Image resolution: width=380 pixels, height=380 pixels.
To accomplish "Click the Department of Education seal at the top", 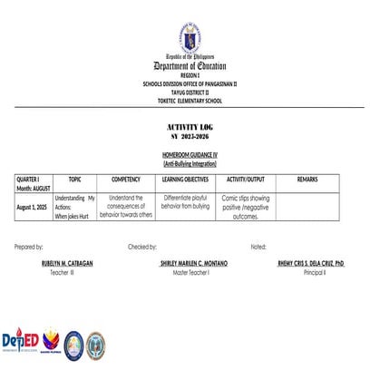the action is coord(190,37).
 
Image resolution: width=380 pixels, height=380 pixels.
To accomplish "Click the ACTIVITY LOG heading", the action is coord(190,126).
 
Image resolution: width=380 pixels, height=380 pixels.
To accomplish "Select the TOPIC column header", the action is coord(74,180).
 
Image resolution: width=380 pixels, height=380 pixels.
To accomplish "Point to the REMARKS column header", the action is coord(307,180).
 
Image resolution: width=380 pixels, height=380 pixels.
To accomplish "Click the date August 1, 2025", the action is coord(34,208).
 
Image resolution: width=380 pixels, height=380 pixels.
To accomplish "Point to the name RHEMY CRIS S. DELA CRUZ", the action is coord(312,263).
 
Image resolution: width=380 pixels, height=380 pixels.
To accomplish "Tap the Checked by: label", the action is coord(142,247).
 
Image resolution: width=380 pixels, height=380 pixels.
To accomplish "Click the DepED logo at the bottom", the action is coord(19,343).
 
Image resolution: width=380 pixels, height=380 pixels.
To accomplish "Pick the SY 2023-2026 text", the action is coord(190,135).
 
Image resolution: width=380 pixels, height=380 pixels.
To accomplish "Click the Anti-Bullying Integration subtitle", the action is coord(190,165).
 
